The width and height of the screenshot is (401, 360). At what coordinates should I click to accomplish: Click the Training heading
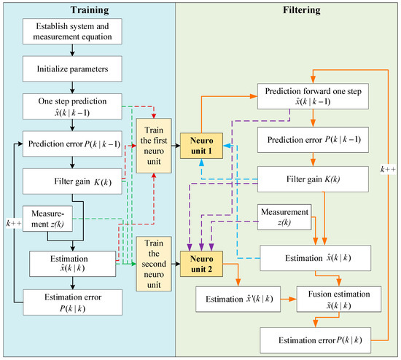[85, 11]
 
